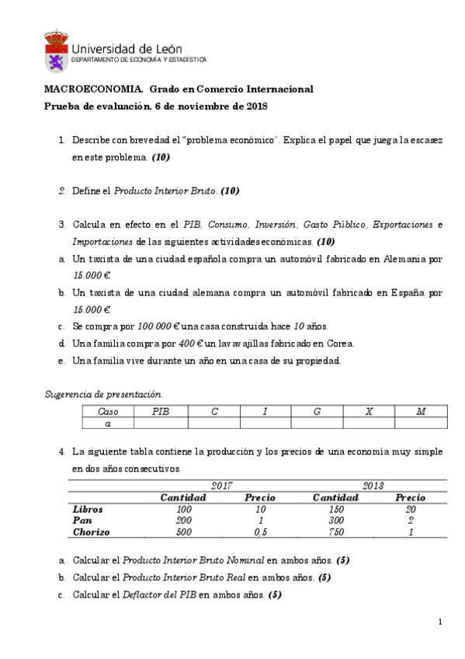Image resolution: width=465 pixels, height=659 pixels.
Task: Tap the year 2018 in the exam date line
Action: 256,106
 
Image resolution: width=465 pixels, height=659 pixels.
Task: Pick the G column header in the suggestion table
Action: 317,411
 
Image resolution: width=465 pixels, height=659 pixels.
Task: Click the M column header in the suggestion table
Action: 420,411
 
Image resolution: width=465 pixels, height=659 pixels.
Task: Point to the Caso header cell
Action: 108,411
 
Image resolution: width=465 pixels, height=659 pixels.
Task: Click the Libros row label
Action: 88,509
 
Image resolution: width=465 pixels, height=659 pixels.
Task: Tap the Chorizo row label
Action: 91,532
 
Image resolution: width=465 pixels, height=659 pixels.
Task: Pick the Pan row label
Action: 82,521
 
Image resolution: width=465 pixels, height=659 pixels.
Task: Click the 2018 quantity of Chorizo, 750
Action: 335,532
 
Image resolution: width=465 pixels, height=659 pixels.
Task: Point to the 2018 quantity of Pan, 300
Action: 335,521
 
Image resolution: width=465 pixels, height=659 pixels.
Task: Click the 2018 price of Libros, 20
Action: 410,509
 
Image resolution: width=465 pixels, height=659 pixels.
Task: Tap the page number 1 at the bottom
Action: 440,622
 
